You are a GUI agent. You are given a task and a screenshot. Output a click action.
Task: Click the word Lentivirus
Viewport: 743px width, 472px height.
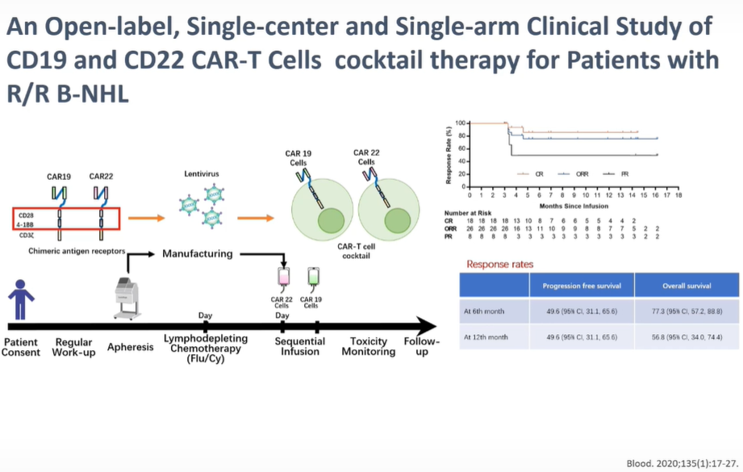202,173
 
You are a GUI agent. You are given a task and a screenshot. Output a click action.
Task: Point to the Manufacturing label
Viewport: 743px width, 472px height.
198,253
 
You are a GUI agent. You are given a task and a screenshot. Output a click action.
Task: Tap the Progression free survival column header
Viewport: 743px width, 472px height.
582,284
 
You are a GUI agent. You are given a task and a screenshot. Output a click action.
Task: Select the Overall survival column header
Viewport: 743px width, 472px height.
686,284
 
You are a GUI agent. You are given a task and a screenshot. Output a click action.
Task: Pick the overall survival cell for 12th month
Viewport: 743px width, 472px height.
686,336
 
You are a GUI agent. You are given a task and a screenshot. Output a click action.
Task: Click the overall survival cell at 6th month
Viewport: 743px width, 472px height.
686,310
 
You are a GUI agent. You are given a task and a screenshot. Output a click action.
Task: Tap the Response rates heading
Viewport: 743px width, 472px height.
499,264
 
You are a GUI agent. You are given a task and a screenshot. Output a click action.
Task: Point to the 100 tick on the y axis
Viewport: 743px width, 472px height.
461,123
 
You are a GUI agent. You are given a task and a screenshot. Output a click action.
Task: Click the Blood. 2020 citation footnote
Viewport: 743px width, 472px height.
681,463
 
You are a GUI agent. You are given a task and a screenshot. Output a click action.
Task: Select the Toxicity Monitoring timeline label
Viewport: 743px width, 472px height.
369,346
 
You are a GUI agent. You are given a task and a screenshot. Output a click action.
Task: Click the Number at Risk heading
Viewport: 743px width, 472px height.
467,211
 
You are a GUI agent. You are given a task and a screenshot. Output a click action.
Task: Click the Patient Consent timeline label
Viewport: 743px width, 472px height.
21,347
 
